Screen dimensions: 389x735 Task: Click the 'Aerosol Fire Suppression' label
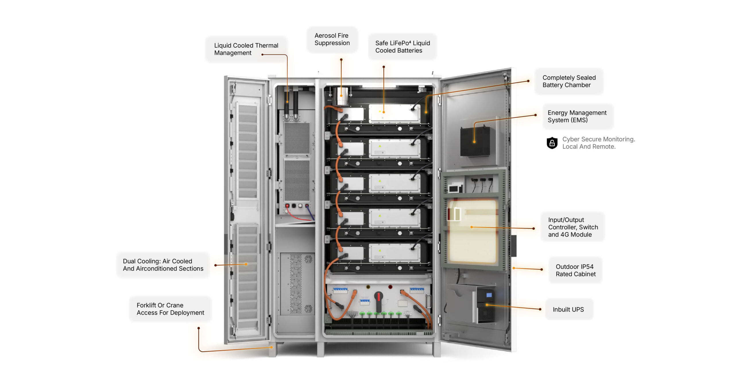tap(332, 39)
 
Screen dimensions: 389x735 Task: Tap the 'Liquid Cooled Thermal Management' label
tap(246, 49)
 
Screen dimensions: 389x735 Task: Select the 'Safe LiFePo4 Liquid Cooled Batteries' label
tap(402, 47)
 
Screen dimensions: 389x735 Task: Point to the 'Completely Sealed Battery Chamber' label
tap(569, 81)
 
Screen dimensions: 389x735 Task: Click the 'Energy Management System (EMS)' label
tap(577, 116)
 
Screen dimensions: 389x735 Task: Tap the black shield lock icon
tap(552, 143)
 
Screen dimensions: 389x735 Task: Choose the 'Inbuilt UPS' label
tap(568, 309)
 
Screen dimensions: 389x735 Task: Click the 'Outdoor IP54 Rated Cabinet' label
tap(575, 270)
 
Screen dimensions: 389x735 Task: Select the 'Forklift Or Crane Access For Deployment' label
tap(170, 309)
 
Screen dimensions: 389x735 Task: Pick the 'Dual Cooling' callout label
tap(163, 265)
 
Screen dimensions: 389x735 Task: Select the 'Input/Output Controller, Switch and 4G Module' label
tap(573, 227)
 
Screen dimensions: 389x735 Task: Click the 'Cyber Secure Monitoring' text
tap(598, 143)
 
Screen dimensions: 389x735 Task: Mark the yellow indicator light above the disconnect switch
tap(368, 287)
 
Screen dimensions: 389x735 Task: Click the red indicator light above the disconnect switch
tap(390, 287)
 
